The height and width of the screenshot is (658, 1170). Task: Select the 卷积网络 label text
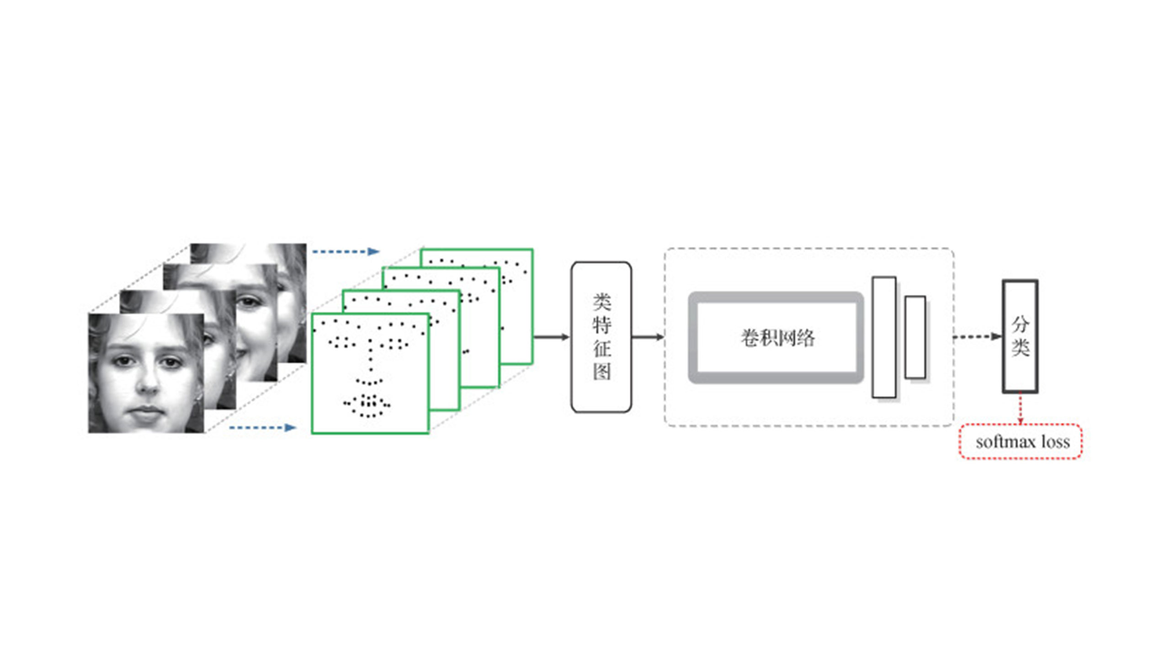(777, 338)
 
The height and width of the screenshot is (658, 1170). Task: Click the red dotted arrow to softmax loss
(1020, 409)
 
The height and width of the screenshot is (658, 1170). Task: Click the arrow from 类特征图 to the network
(648, 337)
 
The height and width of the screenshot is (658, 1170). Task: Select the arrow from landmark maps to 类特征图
(552, 337)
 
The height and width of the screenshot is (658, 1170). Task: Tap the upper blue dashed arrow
(346, 251)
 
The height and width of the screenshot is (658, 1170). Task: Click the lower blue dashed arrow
(262, 428)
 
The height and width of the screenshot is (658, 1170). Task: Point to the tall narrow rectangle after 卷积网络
(884, 337)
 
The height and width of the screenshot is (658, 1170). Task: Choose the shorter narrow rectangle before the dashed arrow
(915, 337)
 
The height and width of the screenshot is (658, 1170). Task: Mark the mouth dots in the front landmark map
(367, 406)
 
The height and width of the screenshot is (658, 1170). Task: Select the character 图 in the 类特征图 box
(602, 371)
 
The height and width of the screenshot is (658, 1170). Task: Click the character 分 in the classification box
(1020, 324)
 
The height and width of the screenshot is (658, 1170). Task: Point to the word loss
(1056, 441)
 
